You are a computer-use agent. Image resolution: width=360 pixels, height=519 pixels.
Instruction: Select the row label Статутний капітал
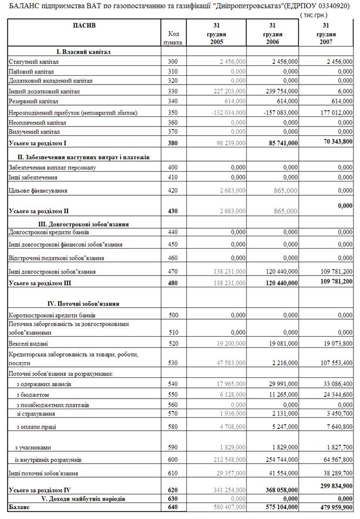point(29,61)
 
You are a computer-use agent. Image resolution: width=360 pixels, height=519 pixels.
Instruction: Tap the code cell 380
point(172,142)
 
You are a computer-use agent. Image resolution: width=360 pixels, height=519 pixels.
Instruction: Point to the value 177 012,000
point(333,112)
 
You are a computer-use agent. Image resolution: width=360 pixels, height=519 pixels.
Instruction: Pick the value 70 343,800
point(333,142)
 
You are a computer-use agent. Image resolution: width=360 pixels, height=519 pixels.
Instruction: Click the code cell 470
point(172,272)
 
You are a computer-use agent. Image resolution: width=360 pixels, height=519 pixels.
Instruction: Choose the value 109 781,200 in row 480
point(333,281)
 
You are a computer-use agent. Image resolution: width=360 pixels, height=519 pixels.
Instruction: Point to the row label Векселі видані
point(28,343)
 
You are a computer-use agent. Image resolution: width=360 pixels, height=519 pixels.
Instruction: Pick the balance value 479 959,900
point(333,506)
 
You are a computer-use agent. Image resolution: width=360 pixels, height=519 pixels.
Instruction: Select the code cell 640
point(172,506)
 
